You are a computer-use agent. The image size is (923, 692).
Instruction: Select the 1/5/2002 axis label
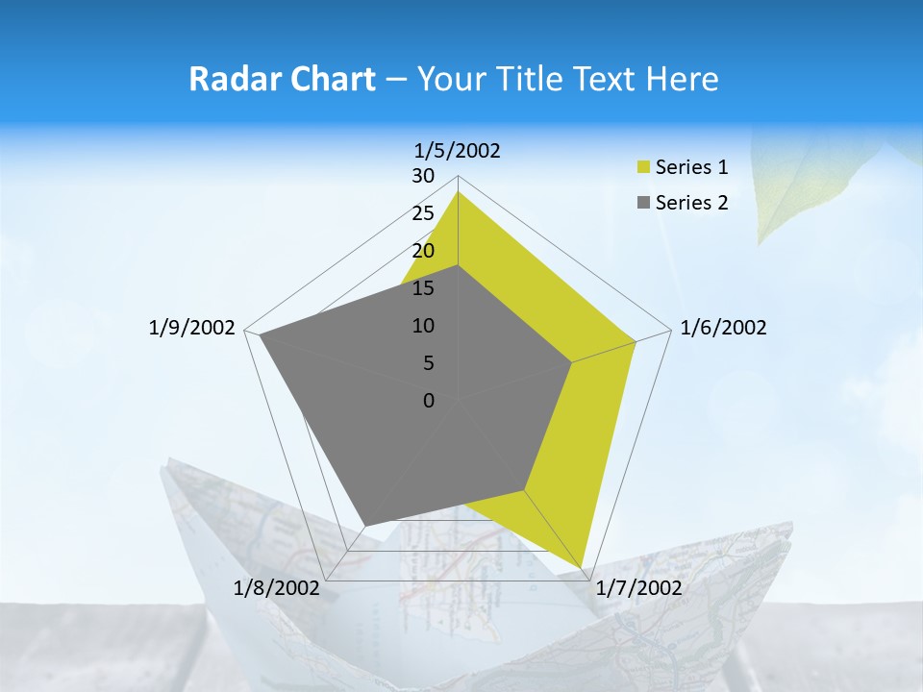pyautogui.click(x=458, y=150)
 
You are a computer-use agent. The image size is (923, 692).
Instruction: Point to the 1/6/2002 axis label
pyautogui.click(x=723, y=328)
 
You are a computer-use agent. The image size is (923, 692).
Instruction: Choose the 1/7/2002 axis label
pyautogui.click(x=638, y=588)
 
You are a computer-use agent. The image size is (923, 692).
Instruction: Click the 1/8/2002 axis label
pyautogui.click(x=277, y=588)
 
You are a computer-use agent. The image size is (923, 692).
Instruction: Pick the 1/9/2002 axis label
pyautogui.click(x=192, y=328)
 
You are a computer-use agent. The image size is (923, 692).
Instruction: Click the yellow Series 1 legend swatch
pyautogui.click(x=644, y=167)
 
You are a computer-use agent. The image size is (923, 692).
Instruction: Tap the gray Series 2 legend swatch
pyautogui.click(x=644, y=203)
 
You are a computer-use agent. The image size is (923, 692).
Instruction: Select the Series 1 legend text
pyautogui.click(x=691, y=167)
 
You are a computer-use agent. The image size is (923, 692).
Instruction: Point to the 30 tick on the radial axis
pyautogui.click(x=423, y=176)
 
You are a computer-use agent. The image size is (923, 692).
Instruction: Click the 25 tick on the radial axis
pyautogui.click(x=423, y=213)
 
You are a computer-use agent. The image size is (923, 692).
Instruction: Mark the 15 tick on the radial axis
pyautogui.click(x=423, y=288)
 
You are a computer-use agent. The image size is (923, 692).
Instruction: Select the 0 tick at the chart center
pyautogui.click(x=429, y=401)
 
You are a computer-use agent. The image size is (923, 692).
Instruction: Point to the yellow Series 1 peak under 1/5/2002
pyautogui.click(x=458, y=192)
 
